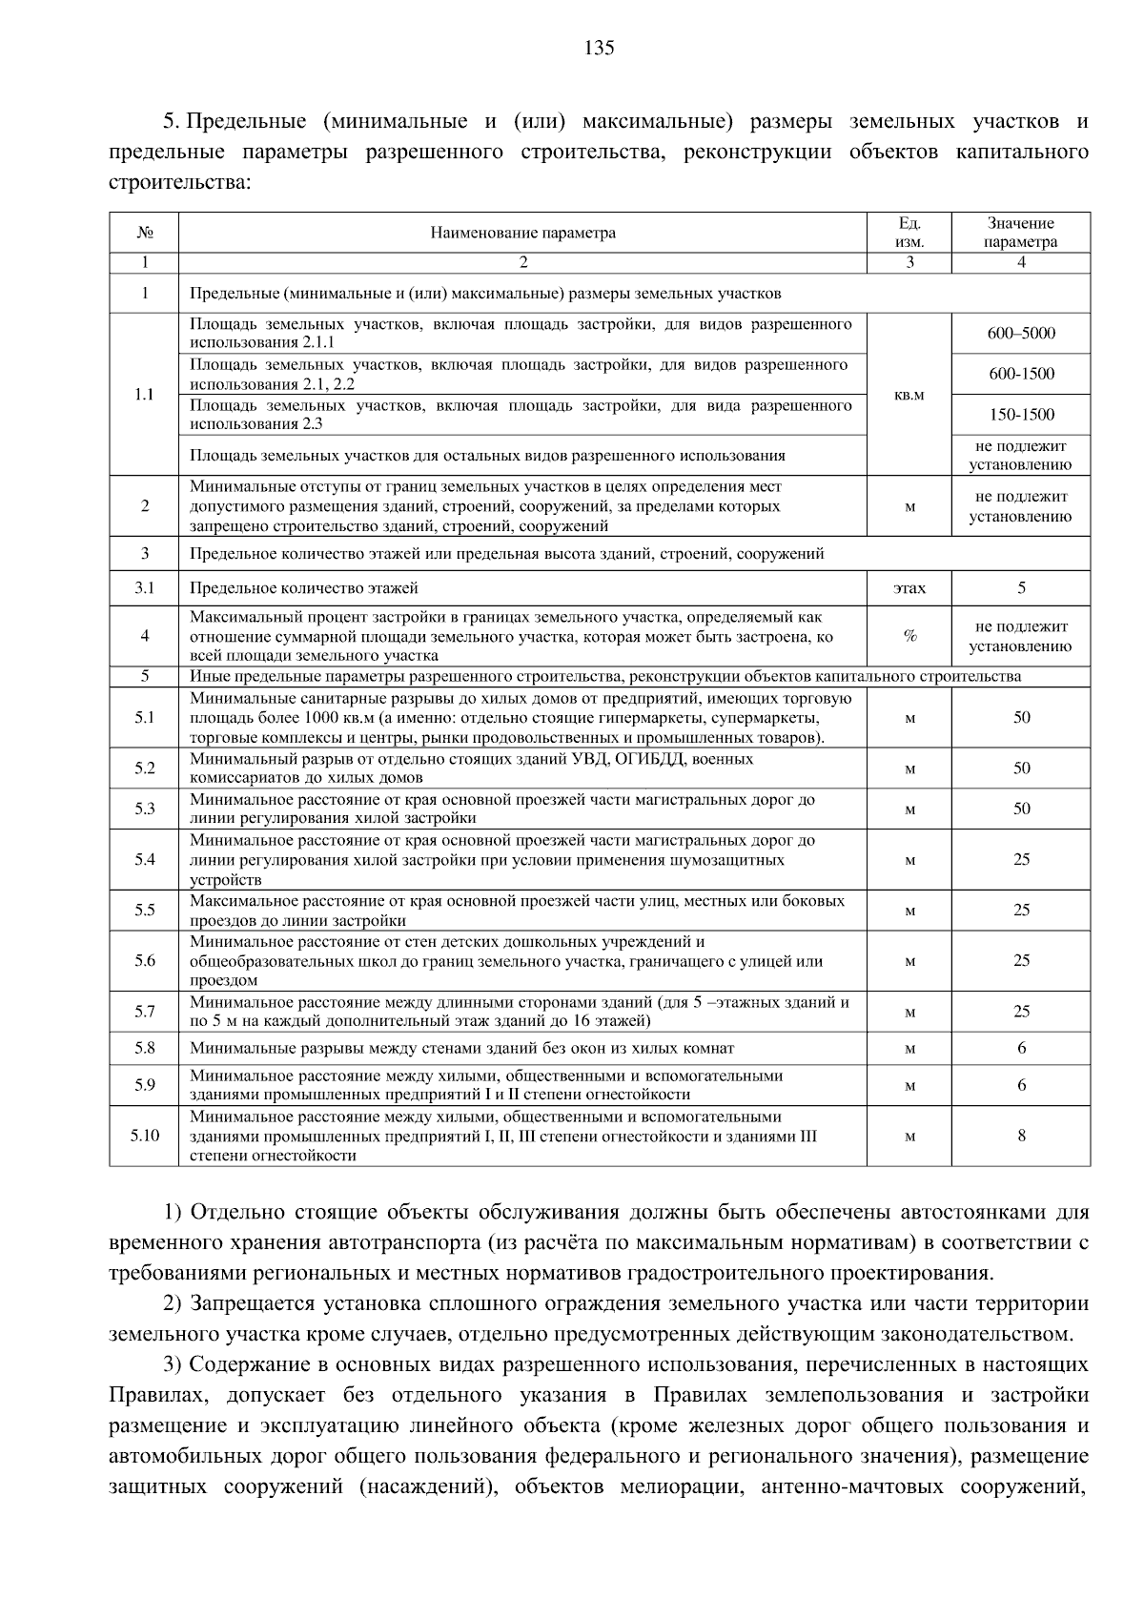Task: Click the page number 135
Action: tap(599, 48)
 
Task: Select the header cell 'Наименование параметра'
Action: tap(522, 233)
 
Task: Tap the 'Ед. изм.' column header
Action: tap(909, 233)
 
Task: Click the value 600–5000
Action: tap(1021, 334)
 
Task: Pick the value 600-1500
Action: tap(1021, 374)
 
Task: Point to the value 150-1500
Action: tap(1021, 415)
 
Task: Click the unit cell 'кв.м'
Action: tap(909, 395)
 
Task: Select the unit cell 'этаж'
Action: tap(909, 588)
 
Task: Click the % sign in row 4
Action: tap(909, 637)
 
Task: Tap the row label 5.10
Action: tap(144, 1136)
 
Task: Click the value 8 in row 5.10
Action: tap(1021, 1136)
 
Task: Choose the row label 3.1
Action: tap(144, 588)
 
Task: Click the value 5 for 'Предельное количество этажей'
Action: tap(1021, 588)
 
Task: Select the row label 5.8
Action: tap(144, 1049)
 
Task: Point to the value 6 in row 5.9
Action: tap(1021, 1085)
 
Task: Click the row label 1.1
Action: tap(144, 395)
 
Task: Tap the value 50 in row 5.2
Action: tap(1021, 769)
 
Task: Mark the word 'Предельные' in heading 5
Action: tap(246, 122)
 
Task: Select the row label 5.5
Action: tap(144, 911)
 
